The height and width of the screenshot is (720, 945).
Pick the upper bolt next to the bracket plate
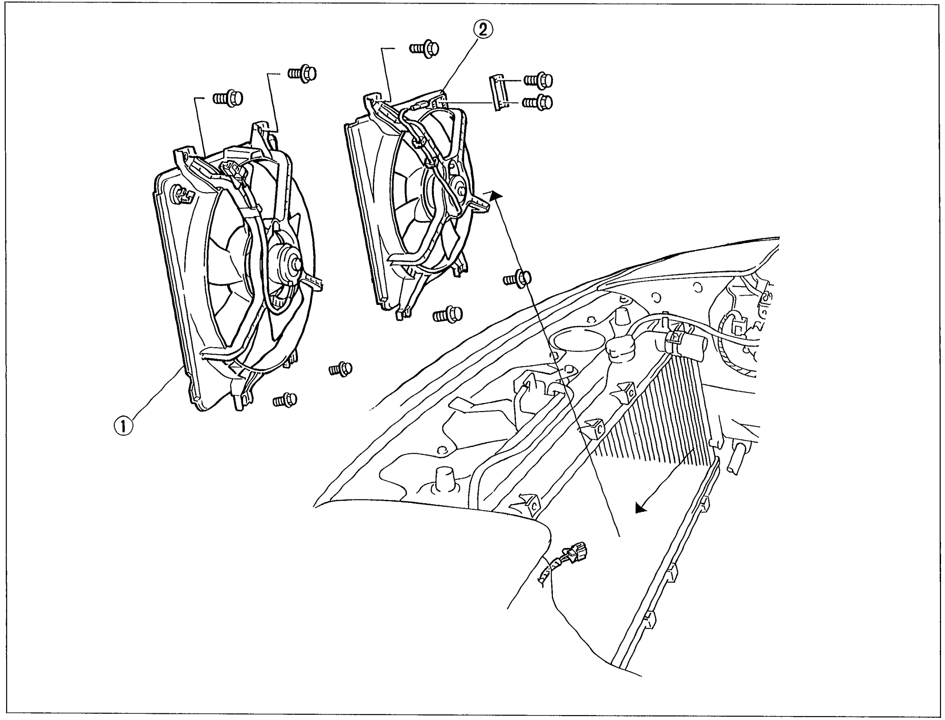(x=538, y=80)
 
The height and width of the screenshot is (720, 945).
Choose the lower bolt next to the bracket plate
(x=537, y=103)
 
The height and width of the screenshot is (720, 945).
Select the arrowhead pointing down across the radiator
(x=640, y=508)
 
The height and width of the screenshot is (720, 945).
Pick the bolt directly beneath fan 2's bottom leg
(x=448, y=314)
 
